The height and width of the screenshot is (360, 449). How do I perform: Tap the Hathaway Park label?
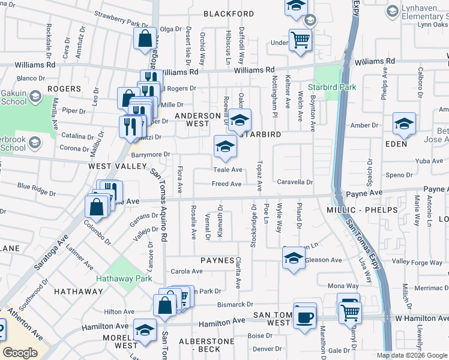coord(125,278)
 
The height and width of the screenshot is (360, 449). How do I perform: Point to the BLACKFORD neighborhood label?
coord(228,14)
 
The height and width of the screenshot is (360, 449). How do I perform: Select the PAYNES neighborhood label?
coord(217,260)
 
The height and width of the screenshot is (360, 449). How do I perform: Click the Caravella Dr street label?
coord(295,182)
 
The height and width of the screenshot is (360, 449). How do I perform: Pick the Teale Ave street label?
coord(228,170)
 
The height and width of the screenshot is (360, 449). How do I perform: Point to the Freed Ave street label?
coord(227,184)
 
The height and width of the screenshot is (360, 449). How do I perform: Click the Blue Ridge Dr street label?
coord(37,186)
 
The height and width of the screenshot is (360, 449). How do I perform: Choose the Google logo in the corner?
coord(20,352)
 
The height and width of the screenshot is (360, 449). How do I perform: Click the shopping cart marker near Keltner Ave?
coord(300,40)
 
